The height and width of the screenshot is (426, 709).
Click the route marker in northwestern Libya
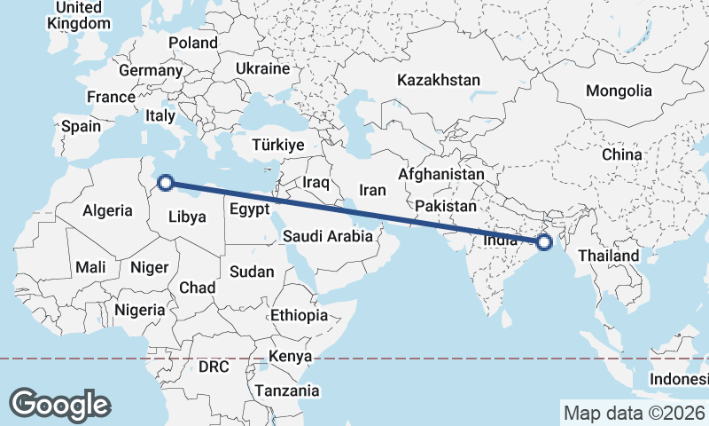tap(165, 185)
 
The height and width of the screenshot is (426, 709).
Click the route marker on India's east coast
tap(544, 241)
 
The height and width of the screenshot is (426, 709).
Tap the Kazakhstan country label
tap(438, 80)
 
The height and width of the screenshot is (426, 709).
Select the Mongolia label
tap(618, 91)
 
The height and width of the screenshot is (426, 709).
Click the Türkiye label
tap(277, 145)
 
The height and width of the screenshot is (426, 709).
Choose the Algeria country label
tap(107, 211)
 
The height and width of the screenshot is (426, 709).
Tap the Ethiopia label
tap(300, 315)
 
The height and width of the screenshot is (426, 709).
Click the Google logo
tap(59, 404)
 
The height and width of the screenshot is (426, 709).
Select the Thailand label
tap(608, 256)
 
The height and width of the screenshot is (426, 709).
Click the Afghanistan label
tap(441, 174)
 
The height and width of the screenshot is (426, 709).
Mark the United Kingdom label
tap(78, 15)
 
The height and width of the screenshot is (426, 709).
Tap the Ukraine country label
tap(262, 68)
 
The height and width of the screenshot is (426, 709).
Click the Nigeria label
tap(139, 310)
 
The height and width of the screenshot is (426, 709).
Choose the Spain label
tap(81, 126)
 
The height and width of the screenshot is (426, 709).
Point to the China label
tap(621, 154)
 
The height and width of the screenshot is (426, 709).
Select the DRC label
tap(214, 366)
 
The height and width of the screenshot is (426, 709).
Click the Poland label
tap(192, 43)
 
